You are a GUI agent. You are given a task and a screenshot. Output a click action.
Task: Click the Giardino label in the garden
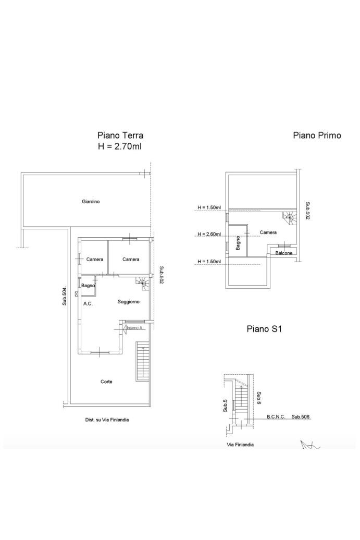point(91,202)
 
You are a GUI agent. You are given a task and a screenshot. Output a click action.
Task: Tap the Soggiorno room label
point(128,302)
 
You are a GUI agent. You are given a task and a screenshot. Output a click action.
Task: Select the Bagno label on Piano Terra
point(88,286)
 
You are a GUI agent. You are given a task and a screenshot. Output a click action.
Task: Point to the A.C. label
point(88,304)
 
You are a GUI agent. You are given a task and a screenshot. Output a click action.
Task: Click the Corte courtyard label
point(106,382)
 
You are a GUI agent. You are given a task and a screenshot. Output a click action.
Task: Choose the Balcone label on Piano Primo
point(284,253)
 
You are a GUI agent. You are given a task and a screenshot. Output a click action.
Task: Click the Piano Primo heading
point(317,136)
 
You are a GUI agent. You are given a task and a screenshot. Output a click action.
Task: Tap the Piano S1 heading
point(264,329)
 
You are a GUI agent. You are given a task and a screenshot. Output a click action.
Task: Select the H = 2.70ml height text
point(120,146)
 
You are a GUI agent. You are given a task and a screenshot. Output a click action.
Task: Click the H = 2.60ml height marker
point(209,234)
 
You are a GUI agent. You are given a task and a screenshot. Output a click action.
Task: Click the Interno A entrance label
point(134,328)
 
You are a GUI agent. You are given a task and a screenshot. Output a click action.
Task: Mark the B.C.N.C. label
point(276,416)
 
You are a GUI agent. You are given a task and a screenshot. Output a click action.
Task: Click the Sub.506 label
point(301,416)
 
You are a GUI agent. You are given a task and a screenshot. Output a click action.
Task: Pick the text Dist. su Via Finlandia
point(107,420)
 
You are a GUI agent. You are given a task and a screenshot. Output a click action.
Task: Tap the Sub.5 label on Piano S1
point(225,406)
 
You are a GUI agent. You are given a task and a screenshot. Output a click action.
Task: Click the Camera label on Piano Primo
point(268,232)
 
